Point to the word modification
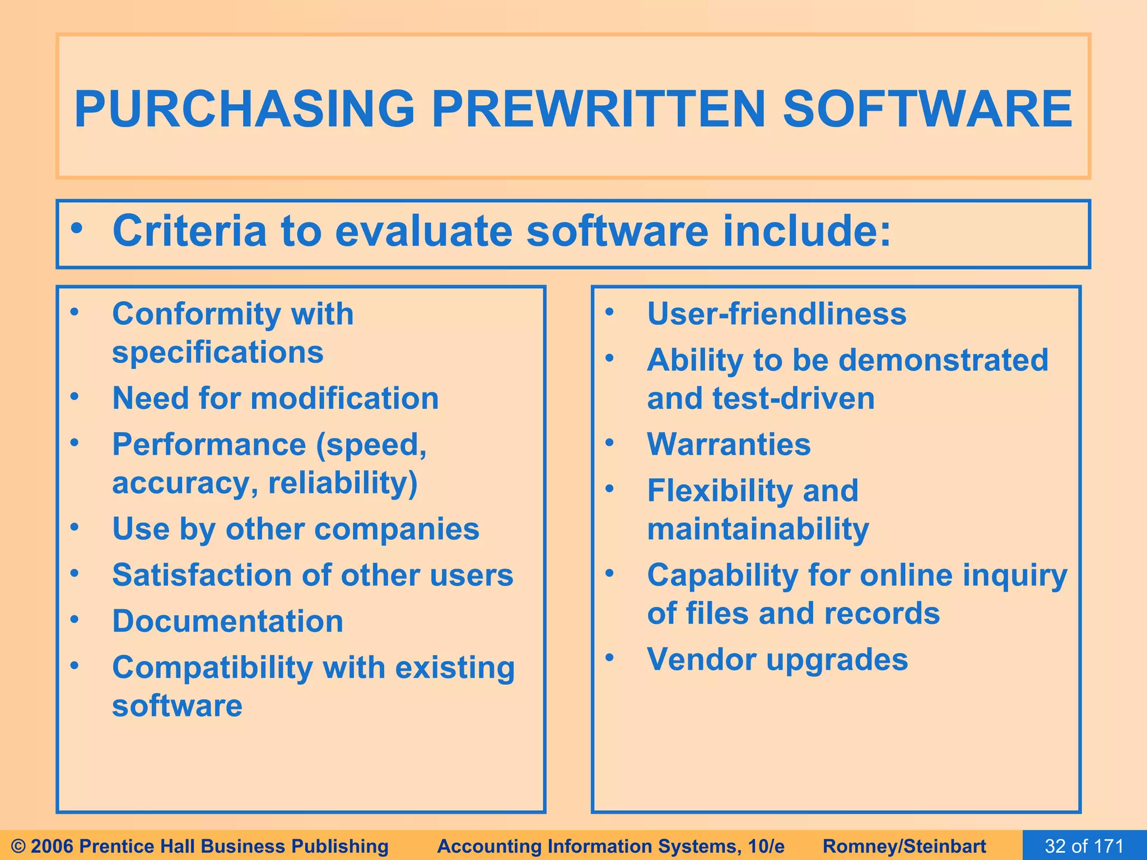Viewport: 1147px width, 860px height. tap(344, 399)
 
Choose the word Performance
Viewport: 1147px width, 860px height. tap(209, 445)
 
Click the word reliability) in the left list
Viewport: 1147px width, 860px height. tap(343, 483)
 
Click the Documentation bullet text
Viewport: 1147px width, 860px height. tap(227, 621)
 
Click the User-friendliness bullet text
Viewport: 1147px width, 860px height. tap(776, 314)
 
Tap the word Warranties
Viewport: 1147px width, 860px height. tap(729, 445)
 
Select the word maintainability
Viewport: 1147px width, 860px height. tap(758, 529)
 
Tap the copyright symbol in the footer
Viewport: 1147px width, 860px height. tap(18, 846)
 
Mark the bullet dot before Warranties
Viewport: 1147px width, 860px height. tap(610, 443)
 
